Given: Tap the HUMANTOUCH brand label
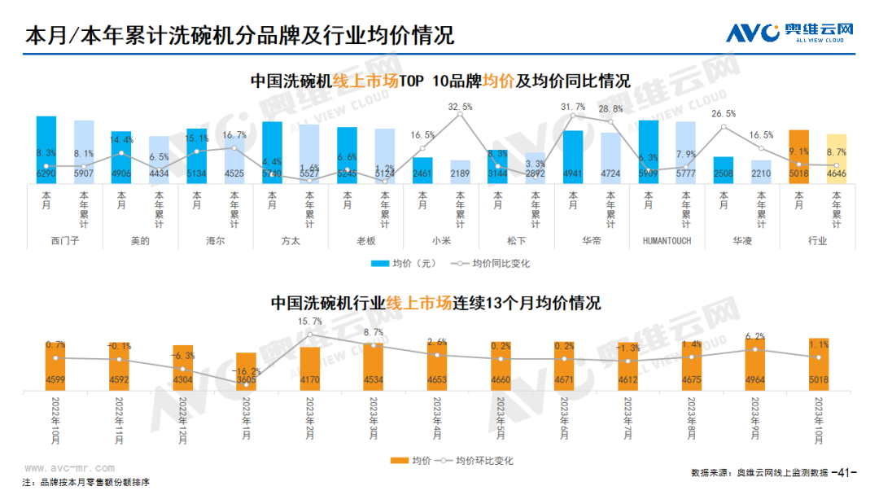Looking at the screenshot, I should coord(667,241).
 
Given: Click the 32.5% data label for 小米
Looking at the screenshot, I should coord(460,107).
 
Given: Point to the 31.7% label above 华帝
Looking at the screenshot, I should coord(573,107).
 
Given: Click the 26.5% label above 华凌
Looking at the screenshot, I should coord(723,114).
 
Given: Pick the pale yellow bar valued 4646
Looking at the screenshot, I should coord(837,159).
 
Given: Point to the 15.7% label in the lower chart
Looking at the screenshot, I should coord(310,322).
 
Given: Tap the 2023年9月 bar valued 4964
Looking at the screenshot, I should coord(754,364).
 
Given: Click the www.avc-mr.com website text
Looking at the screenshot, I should coord(69,469).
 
